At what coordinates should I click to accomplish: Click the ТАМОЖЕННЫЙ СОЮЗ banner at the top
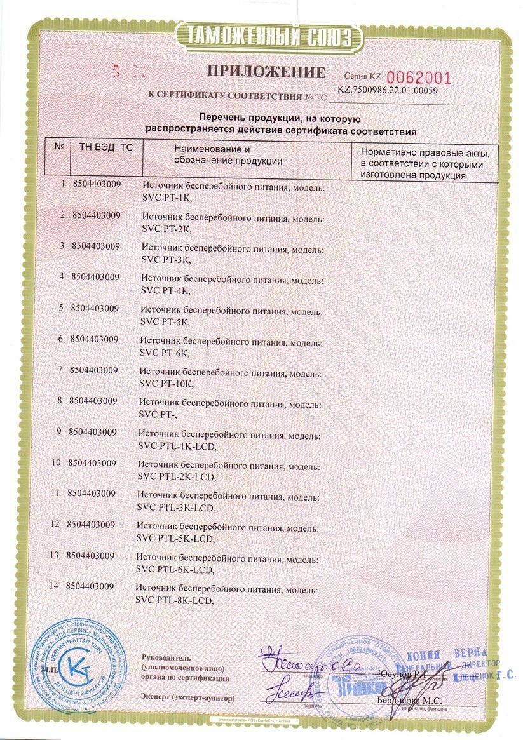tap(262, 37)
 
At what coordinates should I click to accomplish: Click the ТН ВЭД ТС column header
tap(106, 147)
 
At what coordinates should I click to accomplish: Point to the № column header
tap(58, 147)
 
